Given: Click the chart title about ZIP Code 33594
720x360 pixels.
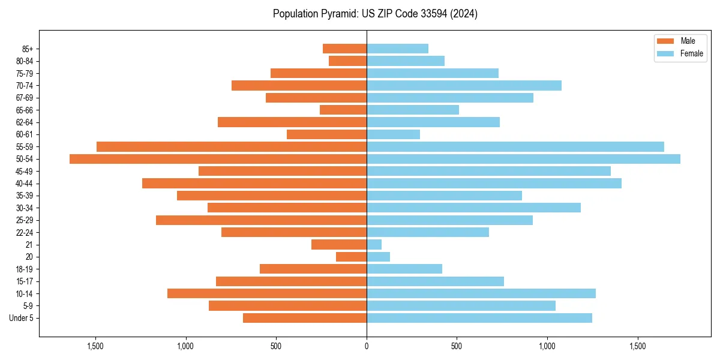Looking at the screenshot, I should (x=375, y=14).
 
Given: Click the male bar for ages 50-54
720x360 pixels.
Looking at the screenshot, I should (x=218, y=159).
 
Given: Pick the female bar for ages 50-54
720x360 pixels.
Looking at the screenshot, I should (x=523, y=159).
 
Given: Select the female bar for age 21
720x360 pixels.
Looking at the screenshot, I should (x=374, y=245).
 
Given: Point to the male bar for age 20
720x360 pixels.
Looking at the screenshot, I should (x=351, y=257).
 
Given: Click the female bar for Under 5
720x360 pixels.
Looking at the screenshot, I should (x=479, y=318).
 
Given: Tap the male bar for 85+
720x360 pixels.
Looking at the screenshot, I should (x=344, y=49).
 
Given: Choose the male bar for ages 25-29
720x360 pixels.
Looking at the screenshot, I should (x=261, y=220).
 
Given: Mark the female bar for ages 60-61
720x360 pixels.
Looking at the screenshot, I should (x=393, y=134).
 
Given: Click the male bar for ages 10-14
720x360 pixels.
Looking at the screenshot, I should (x=267, y=293).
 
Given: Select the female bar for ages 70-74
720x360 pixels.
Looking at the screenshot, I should (x=464, y=85).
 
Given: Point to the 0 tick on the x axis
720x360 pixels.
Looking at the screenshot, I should (x=367, y=346).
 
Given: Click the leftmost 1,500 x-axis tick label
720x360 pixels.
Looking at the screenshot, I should (x=95, y=346).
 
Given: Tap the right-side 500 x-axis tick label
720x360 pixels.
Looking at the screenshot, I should (x=457, y=346).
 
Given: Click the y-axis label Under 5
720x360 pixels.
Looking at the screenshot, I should (x=21, y=318).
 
